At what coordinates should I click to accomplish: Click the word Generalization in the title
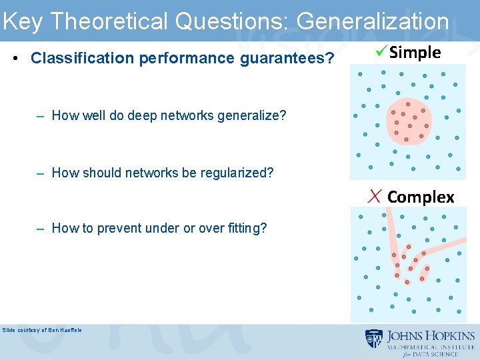373,21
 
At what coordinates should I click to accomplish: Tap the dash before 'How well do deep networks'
41,115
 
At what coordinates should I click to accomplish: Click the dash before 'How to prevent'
41,228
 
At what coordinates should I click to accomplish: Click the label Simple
415,53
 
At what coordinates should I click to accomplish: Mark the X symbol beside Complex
375,196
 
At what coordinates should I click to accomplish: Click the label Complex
421,197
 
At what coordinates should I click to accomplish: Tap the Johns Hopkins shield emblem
373,339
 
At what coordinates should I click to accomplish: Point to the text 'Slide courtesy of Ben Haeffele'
42,330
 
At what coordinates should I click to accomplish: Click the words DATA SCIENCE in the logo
442,355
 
